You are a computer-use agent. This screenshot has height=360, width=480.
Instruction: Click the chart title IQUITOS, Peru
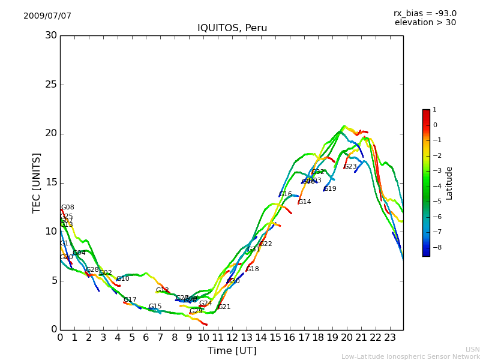tap(232, 28)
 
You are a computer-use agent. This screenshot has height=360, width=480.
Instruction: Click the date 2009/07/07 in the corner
tap(47, 16)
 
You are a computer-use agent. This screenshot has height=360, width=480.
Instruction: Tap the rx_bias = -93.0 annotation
tap(425, 14)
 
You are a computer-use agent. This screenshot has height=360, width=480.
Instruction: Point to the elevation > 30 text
tap(425, 23)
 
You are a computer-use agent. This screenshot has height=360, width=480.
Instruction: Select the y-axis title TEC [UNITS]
tap(37, 182)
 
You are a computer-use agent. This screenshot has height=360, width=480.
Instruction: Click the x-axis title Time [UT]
tap(232, 351)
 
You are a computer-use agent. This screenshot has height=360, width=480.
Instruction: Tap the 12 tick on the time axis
tap(232, 337)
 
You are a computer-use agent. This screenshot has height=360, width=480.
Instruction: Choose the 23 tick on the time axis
tap(390, 337)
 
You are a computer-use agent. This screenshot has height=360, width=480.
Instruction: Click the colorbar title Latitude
tap(449, 183)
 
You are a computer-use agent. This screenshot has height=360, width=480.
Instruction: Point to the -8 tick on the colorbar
tap(434, 247)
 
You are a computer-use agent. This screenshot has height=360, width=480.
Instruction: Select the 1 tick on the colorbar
tap(434, 110)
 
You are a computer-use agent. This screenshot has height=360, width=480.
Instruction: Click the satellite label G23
tap(350, 167)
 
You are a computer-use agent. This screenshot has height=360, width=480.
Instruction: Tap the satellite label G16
tap(286, 194)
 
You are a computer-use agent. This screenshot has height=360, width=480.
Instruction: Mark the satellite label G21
tap(224, 307)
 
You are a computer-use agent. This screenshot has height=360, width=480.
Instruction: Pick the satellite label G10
tap(123, 279)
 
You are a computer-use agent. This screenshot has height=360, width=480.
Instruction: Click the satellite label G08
tap(68, 208)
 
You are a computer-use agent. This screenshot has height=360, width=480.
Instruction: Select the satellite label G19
tap(330, 189)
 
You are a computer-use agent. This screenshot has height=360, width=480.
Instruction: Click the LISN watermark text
tap(473, 349)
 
